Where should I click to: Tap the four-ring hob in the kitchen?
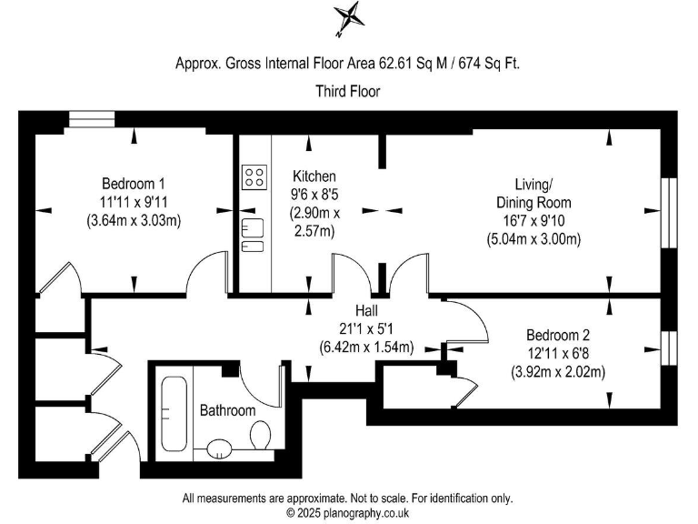click(254, 176)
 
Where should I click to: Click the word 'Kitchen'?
click(314, 176)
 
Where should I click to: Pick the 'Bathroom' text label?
click(228, 410)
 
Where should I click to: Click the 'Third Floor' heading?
click(348, 91)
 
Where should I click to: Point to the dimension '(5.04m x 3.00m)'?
click(533, 239)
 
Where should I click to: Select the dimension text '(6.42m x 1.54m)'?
click(365, 347)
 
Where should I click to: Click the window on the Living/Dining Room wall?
click(672, 210)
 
